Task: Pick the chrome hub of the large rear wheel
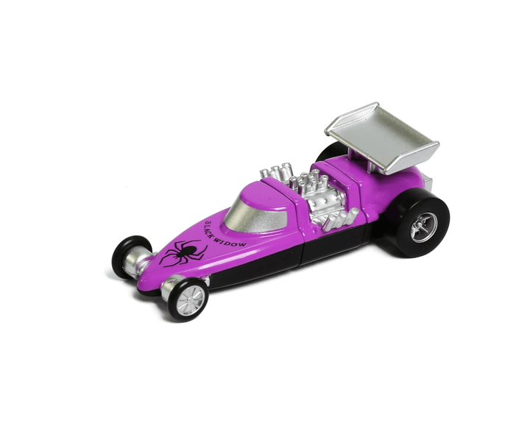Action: click(423, 227)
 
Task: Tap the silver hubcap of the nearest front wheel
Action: click(190, 299)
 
